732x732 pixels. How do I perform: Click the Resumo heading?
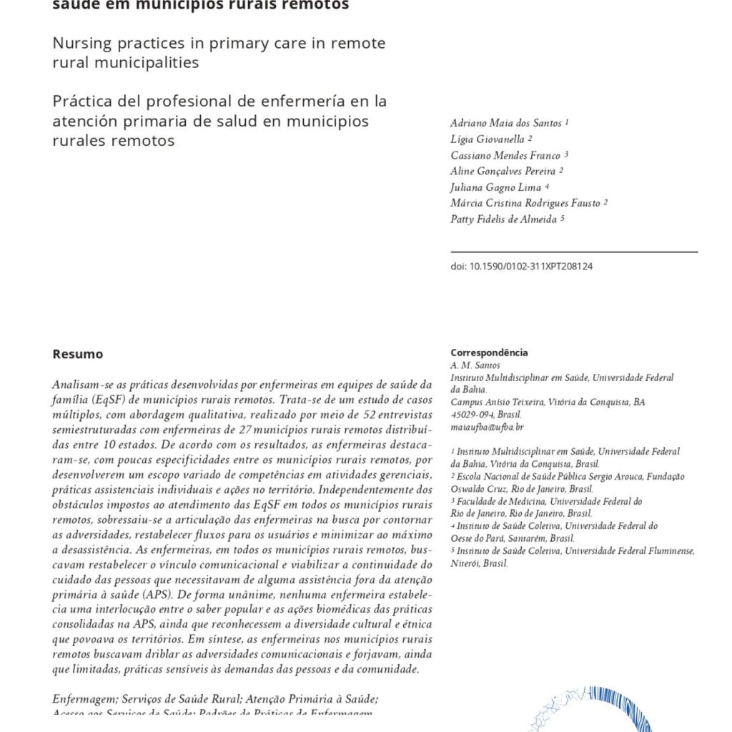77,354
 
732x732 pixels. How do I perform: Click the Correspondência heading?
489,352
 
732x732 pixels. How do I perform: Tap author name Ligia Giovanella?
488,139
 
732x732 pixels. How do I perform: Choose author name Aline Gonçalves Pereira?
503,171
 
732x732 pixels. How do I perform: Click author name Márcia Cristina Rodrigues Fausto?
525,203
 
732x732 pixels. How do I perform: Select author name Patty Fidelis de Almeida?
503,219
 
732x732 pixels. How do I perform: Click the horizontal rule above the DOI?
574,252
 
